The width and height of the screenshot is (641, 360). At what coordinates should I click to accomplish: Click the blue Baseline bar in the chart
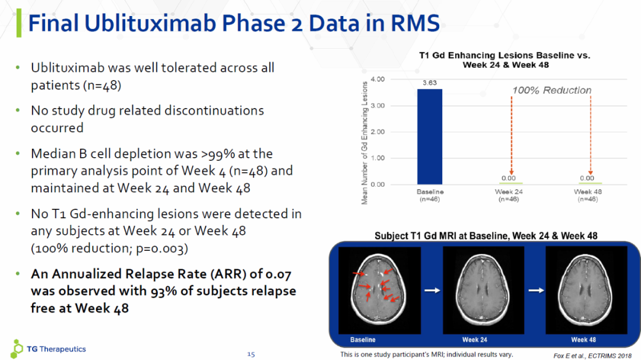click(x=429, y=136)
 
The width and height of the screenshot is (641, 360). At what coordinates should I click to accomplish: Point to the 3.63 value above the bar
click(x=430, y=82)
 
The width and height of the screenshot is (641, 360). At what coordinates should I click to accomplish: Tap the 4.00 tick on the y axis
click(x=377, y=79)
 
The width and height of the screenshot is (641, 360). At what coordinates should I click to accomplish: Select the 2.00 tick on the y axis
click(x=377, y=132)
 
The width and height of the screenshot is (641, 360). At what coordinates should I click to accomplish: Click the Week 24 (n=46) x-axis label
click(x=509, y=195)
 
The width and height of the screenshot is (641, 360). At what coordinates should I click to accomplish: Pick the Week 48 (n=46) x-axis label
click(x=588, y=195)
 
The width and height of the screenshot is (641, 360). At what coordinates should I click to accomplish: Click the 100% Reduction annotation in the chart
click(x=552, y=90)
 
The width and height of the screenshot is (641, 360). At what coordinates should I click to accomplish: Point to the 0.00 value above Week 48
click(x=587, y=178)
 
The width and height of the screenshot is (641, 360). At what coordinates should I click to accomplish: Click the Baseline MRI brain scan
click(x=379, y=290)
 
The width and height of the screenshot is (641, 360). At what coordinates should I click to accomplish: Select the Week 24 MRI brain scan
click(x=483, y=290)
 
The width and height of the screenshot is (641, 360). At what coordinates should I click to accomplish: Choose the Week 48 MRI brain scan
click(x=586, y=290)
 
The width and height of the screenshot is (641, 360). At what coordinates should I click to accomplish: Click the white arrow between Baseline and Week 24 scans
click(x=432, y=290)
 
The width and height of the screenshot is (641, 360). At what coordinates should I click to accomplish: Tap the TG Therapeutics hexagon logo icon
click(x=17, y=349)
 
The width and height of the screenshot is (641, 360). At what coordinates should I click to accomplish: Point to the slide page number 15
click(x=251, y=354)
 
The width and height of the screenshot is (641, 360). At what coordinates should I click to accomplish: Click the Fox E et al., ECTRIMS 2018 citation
click(x=592, y=356)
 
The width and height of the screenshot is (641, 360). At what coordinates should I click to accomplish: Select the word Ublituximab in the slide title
click(x=150, y=23)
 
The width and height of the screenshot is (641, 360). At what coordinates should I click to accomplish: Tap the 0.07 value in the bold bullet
click(x=278, y=274)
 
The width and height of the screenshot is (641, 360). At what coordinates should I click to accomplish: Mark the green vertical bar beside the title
click(x=19, y=23)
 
